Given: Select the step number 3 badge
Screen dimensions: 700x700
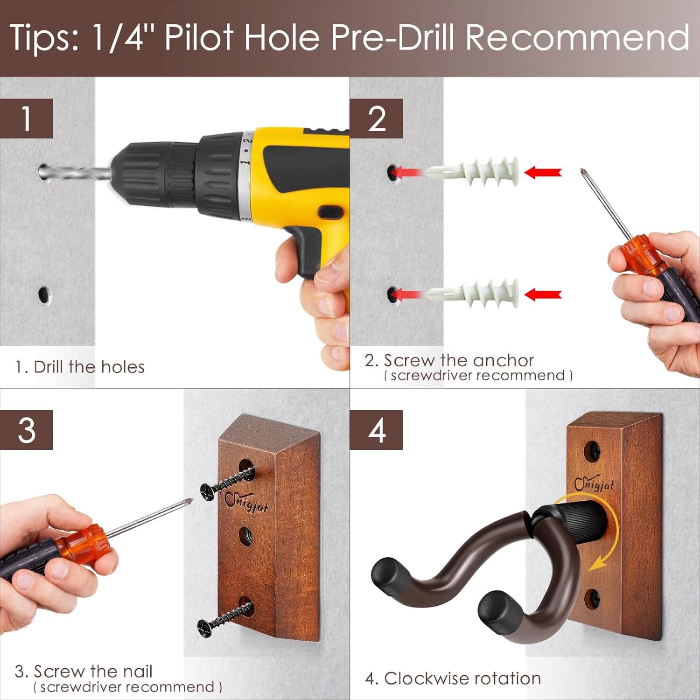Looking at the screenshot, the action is [x=26, y=430].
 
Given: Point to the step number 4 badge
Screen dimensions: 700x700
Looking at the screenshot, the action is [x=376, y=430].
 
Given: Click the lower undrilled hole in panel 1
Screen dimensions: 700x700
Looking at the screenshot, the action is [x=44, y=294].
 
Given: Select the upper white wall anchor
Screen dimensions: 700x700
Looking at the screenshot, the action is [x=472, y=171].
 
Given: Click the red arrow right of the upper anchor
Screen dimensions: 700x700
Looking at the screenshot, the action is [x=543, y=172].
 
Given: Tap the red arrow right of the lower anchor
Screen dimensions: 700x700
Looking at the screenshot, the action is [x=543, y=294].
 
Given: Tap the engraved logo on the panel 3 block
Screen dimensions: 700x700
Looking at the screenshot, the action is [x=246, y=502].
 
